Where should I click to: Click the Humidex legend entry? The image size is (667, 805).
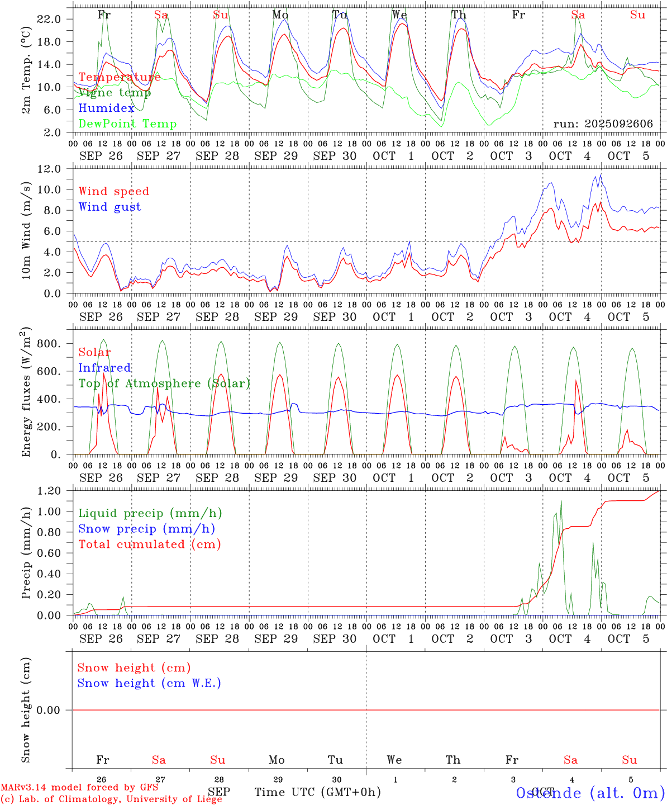(106, 108)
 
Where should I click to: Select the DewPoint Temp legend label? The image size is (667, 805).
(127, 124)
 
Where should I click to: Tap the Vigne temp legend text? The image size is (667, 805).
(115, 93)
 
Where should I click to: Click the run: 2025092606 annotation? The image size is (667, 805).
(603, 124)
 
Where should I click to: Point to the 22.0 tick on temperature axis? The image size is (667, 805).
(49, 19)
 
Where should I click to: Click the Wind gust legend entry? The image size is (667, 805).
(109, 207)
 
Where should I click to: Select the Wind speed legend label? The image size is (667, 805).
(114, 191)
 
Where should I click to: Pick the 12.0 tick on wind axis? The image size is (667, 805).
(49, 168)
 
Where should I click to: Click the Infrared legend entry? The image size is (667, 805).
(104, 368)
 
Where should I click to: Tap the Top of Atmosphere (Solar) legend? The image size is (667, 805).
(164, 383)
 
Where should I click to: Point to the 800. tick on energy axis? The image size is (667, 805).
(49, 344)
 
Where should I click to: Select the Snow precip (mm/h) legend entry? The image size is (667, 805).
(146, 529)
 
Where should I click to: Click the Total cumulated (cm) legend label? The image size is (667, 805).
(149, 544)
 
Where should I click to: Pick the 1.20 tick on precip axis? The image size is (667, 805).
(49, 491)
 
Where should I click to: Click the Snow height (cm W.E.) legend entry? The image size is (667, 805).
(149, 683)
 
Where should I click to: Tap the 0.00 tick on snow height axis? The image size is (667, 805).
(49, 710)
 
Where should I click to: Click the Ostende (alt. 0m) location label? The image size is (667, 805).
(590, 793)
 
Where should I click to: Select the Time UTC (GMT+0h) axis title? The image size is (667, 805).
(317, 792)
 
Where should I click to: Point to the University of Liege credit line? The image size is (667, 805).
(111, 799)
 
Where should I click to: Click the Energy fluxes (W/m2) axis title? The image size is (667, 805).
(26, 393)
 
